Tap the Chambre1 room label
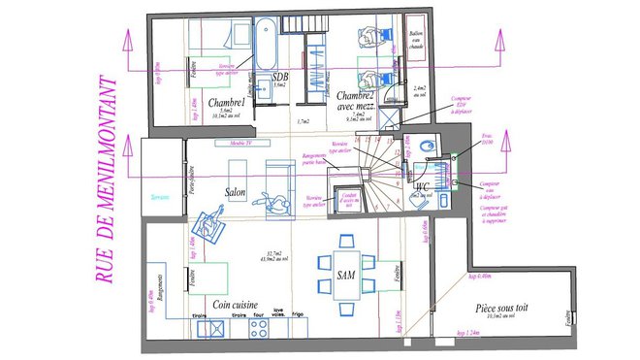(224, 104)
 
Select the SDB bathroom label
(280, 77)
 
